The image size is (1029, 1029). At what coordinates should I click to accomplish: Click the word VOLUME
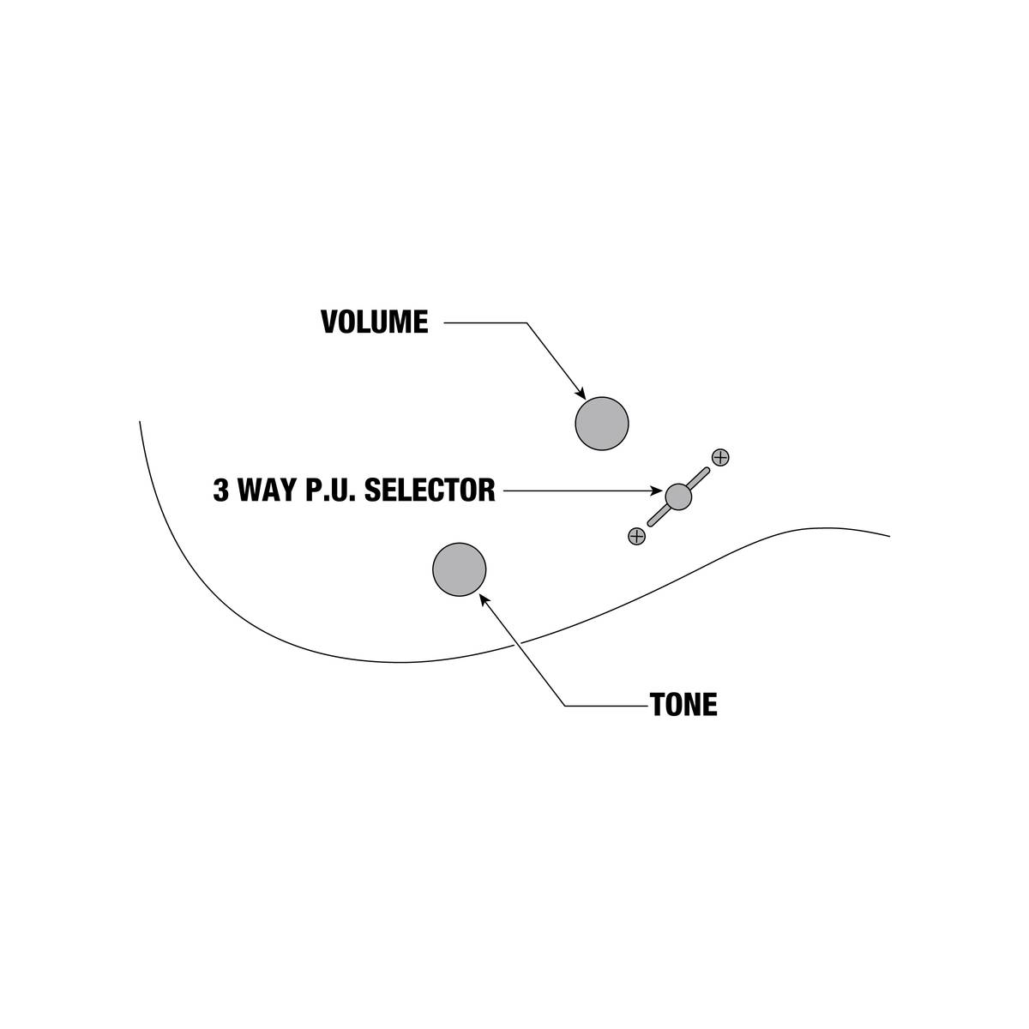pyautogui.click(x=375, y=322)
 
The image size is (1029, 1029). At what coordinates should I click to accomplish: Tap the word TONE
pyautogui.click(x=683, y=704)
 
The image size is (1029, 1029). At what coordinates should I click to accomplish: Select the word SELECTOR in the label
pyautogui.click(x=430, y=490)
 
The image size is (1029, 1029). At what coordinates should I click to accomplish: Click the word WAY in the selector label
pyautogui.click(x=267, y=490)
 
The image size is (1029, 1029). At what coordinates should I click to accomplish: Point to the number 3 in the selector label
pyautogui.click(x=220, y=490)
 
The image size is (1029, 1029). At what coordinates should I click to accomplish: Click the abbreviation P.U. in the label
pyautogui.click(x=331, y=490)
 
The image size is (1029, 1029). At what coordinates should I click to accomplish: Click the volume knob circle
pyautogui.click(x=602, y=424)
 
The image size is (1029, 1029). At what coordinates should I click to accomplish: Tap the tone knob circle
pyautogui.click(x=460, y=569)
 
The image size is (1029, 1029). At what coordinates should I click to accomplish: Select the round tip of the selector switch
pyautogui.click(x=678, y=496)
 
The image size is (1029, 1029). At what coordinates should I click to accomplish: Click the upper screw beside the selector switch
pyautogui.click(x=720, y=458)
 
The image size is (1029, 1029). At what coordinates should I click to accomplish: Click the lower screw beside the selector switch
pyautogui.click(x=636, y=536)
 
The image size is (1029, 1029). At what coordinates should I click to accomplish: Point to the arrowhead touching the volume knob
pyautogui.click(x=581, y=394)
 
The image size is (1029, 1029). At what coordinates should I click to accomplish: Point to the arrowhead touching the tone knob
pyautogui.click(x=484, y=600)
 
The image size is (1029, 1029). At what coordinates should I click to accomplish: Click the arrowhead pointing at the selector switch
pyautogui.click(x=657, y=490)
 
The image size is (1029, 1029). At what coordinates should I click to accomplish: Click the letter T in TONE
pyautogui.click(x=658, y=704)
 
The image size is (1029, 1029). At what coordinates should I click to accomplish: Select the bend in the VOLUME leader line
pyautogui.click(x=527, y=322)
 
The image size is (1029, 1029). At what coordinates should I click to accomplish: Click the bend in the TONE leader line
pyautogui.click(x=565, y=706)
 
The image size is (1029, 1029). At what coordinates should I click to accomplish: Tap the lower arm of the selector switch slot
pyautogui.click(x=658, y=516)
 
